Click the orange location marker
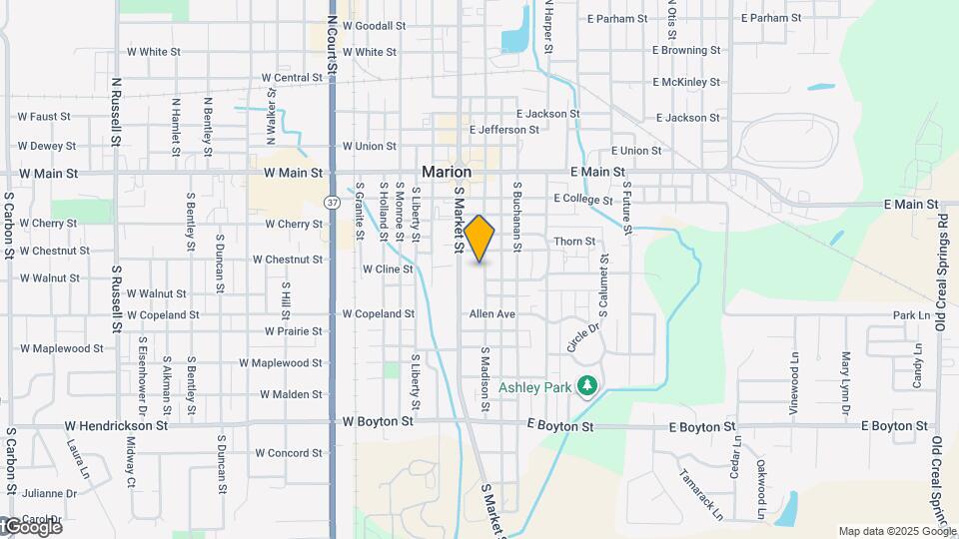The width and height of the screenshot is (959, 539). pos(479,238)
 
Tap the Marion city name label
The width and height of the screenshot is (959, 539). pos(447,172)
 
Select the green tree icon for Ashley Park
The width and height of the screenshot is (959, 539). pos(588,384)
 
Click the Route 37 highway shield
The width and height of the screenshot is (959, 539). pos(331,203)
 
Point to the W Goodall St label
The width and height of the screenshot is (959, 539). pos(374,26)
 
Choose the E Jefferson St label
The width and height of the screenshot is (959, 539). pos(505,130)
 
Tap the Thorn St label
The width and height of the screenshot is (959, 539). pos(574,242)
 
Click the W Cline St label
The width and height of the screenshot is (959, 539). pos(388,269)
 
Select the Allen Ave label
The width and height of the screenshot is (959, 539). pos(492,314)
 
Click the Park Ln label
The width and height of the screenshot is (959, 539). pos(911,315)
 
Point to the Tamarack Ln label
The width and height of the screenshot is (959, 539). pos(700,495)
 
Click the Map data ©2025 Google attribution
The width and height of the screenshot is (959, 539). pos(896,531)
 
